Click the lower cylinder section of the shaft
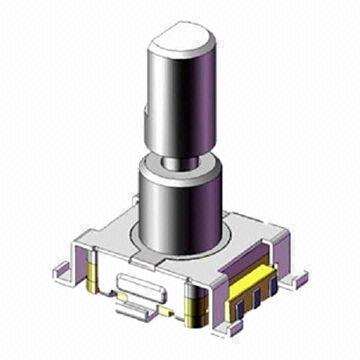[180, 205]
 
